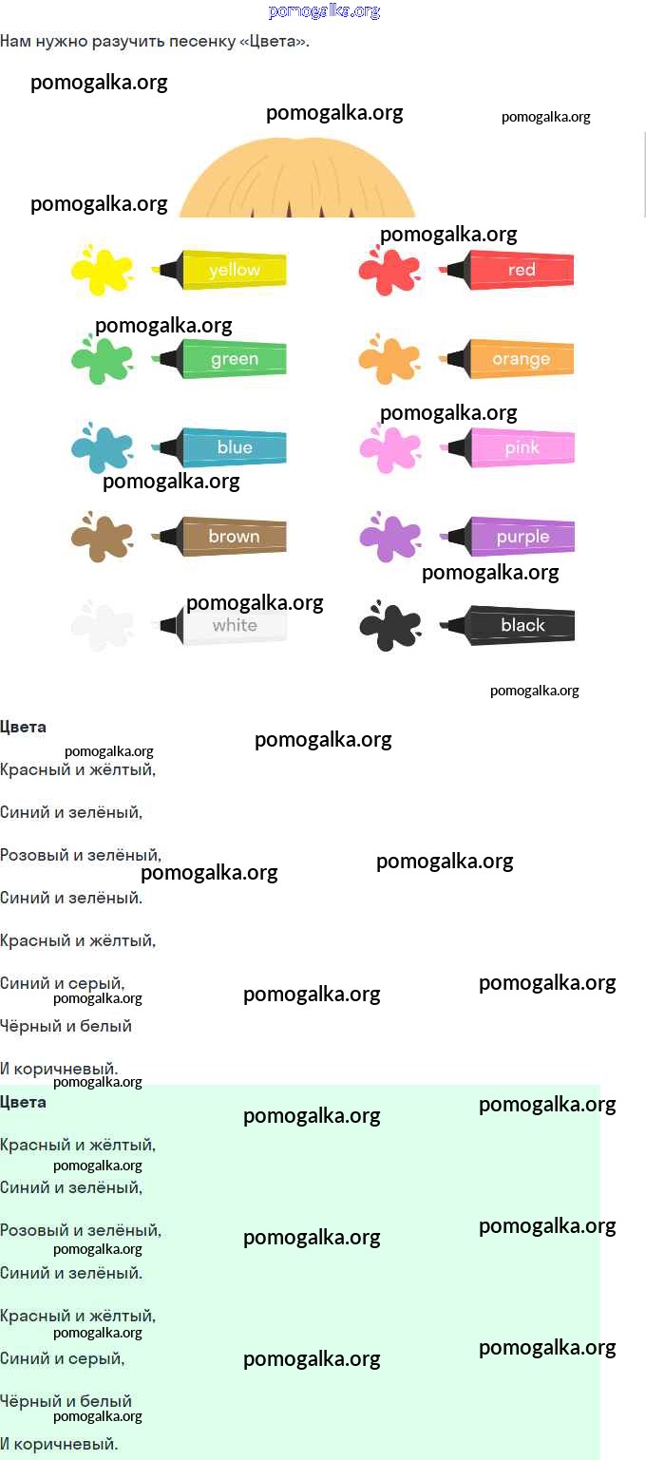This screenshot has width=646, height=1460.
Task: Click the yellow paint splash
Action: click(x=102, y=270)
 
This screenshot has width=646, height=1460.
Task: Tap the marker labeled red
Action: click(x=506, y=269)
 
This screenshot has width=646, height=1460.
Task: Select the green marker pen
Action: click(x=219, y=358)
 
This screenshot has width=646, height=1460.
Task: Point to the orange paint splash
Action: click(x=389, y=359)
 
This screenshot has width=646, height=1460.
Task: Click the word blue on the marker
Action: click(x=235, y=447)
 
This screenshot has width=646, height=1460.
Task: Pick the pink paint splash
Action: click(x=389, y=448)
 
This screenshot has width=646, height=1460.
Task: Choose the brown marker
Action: click(x=219, y=537)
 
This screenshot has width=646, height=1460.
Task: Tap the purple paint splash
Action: click(x=389, y=537)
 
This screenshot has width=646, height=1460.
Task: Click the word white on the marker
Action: click(x=235, y=625)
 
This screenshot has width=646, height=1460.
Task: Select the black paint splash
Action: click(x=389, y=626)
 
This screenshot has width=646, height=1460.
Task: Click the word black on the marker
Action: click(x=522, y=625)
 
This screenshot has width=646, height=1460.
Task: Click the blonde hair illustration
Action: click(x=297, y=178)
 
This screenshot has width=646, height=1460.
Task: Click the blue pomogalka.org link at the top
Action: click(x=324, y=11)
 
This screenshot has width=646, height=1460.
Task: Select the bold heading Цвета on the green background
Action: click(x=23, y=1102)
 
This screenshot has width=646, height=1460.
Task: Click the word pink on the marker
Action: click(x=522, y=447)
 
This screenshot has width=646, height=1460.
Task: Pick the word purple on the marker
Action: click(x=522, y=538)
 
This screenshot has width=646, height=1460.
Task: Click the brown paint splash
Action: click(x=102, y=537)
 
